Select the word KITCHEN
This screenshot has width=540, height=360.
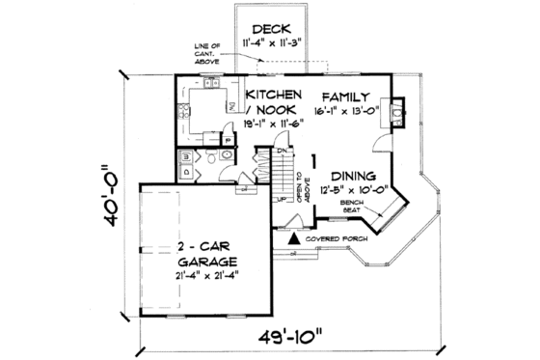(x=277, y=97)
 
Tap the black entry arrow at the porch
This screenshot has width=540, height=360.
(x=292, y=236)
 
